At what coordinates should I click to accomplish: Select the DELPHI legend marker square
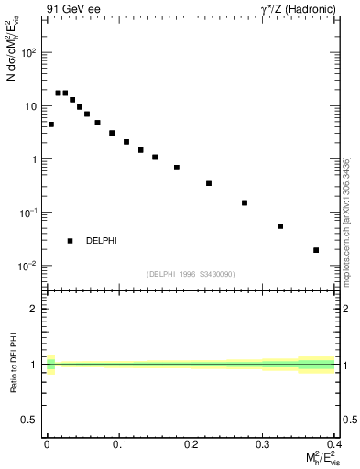[70, 241]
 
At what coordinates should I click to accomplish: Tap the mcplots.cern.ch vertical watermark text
[346, 220]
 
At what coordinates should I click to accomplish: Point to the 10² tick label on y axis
[30, 53]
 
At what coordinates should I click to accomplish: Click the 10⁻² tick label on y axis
[30, 267]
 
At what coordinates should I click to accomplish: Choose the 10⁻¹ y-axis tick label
[30, 213]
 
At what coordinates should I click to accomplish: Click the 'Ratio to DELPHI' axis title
[13, 364]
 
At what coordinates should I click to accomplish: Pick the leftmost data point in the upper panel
[50, 125]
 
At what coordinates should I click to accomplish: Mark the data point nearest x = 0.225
[209, 183]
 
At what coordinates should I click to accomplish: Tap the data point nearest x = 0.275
[245, 202]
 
